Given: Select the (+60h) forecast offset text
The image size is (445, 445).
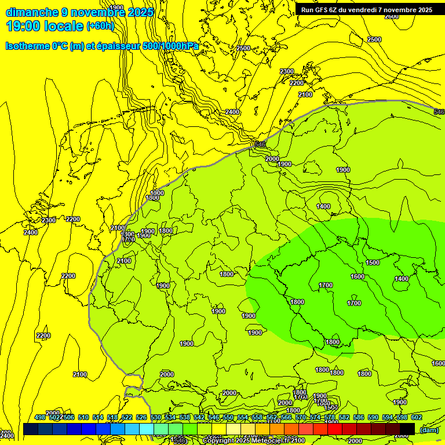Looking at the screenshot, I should [x=100, y=26].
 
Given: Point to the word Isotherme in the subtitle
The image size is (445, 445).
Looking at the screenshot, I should [x=27, y=46].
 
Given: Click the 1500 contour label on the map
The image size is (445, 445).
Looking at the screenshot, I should [x=373, y=262].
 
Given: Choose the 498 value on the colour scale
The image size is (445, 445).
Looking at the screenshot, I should [x=40, y=417].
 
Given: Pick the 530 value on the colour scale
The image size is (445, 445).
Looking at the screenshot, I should [x=156, y=417].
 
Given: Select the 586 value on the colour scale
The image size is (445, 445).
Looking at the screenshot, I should [x=359, y=417].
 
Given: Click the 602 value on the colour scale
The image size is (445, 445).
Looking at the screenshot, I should [x=417, y=417].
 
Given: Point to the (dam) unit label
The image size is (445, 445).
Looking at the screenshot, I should [x=429, y=429].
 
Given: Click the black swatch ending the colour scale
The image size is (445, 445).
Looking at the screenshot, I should [x=407, y=429].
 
